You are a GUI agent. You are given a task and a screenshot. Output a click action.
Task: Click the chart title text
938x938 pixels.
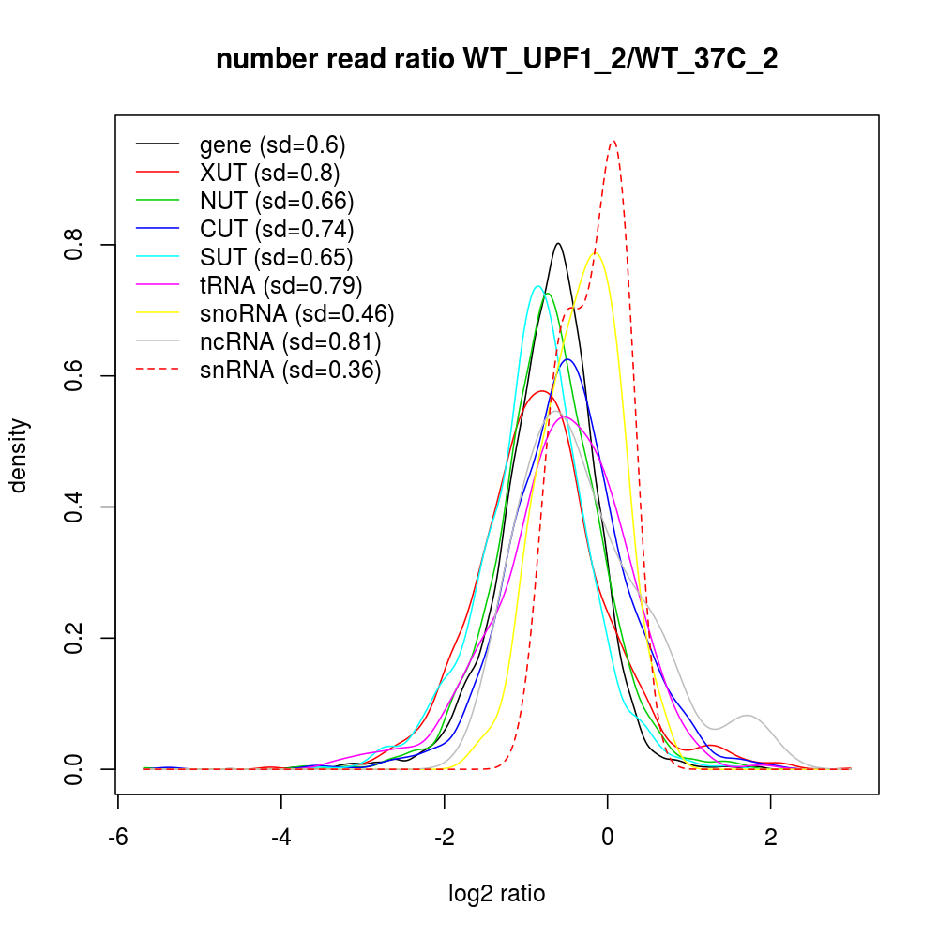pyautogui.click(x=497, y=60)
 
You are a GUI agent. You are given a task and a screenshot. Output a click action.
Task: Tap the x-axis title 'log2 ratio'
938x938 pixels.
pyautogui.click(x=497, y=893)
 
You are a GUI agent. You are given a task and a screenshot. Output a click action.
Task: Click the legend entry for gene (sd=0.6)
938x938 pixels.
pyautogui.click(x=272, y=144)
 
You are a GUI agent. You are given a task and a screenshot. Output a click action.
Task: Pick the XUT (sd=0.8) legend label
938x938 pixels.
pyautogui.click(x=269, y=173)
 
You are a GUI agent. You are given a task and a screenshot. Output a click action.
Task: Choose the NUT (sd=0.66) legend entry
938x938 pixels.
pyautogui.click(x=276, y=201)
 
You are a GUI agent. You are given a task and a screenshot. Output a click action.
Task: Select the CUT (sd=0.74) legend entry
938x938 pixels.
pyautogui.click(x=276, y=229)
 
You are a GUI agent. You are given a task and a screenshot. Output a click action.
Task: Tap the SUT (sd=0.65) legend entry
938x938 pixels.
pyautogui.click(x=276, y=257)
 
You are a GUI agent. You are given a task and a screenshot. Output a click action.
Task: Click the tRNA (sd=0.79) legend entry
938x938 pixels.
pyautogui.click(x=280, y=285)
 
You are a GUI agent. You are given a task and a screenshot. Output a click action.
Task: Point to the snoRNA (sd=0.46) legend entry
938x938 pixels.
pyautogui.click(x=296, y=313)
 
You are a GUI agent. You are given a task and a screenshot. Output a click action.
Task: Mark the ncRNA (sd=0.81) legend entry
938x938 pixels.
pyautogui.click(x=290, y=341)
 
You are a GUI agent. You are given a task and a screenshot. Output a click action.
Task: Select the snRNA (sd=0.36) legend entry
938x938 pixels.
pyautogui.click(x=290, y=370)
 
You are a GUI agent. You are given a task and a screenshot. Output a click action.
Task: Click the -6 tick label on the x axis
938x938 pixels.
pyautogui.click(x=117, y=837)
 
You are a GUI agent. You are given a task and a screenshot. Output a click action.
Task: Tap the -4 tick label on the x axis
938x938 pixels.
pyautogui.click(x=280, y=837)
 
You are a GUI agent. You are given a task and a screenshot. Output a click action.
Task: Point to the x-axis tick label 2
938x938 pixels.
pyautogui.click(x=770, y=837)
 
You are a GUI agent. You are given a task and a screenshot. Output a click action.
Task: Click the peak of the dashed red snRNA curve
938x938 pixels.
pyautogui.click(x=613, y=141)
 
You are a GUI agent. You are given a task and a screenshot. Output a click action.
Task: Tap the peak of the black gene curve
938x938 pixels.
pyautogui.click(x=558, y=243)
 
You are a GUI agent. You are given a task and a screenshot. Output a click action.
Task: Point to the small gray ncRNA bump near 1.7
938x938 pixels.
pyautogui.click(x=747, y=716)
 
